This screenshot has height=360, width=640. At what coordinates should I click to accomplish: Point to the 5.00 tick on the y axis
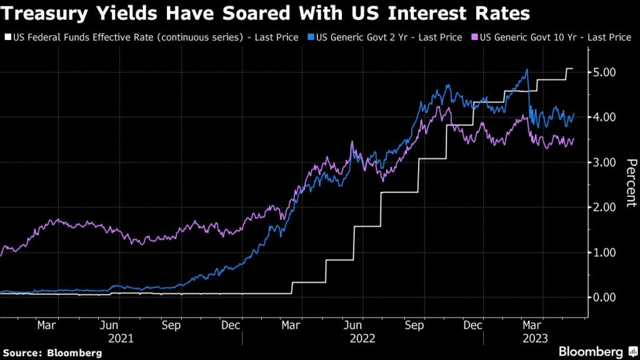(604, 72)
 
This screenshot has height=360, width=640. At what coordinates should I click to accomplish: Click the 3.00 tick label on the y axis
(604, 162)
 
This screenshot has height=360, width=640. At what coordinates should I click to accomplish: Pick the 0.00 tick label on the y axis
(604, 297)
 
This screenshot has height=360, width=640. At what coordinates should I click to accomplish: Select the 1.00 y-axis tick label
(604, 252)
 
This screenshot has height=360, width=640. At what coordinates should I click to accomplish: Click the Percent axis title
(631, 182)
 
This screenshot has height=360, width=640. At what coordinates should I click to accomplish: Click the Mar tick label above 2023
(532, 326)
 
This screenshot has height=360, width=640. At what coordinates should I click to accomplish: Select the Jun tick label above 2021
(109, 326)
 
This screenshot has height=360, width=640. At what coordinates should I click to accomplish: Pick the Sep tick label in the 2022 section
(414, 326)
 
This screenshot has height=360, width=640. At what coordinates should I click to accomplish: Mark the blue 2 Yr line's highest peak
(527, 69)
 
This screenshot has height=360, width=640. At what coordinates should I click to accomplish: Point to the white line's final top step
(570, 69)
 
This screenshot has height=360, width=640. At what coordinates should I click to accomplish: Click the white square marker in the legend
(7, 37)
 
